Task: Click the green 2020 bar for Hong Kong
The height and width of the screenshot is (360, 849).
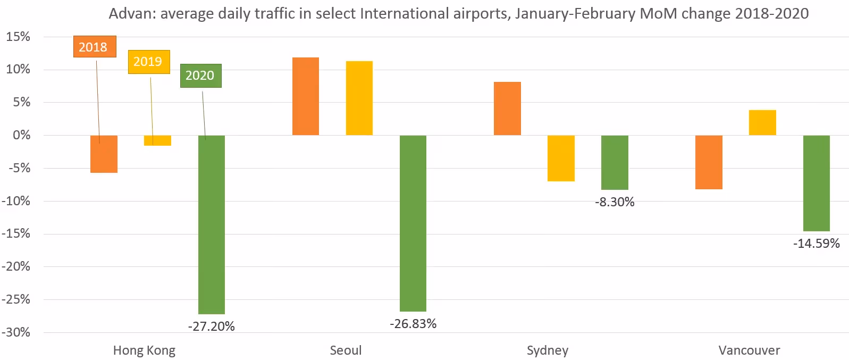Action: point(211,224)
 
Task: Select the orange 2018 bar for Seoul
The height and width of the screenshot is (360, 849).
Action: point(306,96)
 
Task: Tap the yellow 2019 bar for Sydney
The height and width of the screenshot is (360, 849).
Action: point(561,158)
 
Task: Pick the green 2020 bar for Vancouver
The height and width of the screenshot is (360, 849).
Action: point(816,183)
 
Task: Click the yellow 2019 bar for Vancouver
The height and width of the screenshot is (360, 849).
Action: point(762,123)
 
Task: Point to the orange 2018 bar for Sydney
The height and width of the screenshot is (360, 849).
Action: point(507,108)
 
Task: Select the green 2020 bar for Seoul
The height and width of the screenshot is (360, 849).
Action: point(413,223)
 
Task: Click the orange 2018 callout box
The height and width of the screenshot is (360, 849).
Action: point(94,47)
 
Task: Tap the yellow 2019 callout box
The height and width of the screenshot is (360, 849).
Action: point(149,62)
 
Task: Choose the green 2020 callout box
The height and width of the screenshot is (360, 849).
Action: point(200,76)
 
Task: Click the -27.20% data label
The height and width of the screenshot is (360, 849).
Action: point(211,326)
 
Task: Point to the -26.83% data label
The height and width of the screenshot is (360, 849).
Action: point(413,324)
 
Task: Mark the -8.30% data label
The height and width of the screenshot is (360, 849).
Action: point(615,202)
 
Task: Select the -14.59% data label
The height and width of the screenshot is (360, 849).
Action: point(816,244)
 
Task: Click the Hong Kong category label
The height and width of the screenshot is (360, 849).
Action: point(144,350)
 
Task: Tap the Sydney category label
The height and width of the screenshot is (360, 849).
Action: point(547,350)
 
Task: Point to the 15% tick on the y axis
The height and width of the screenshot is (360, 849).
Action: point(18,37)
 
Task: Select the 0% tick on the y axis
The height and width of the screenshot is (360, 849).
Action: point(21,135)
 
